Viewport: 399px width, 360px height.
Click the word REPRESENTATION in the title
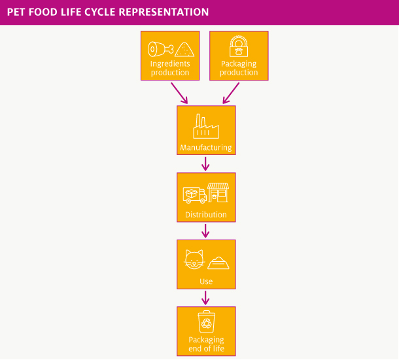tap(164, 12)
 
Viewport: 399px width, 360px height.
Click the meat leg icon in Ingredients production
tap(160, 49)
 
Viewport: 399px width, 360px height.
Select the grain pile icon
tap(184, 49)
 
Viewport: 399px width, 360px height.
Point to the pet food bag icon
tap(239, 46)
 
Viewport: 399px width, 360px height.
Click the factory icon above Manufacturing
tap(206, 126)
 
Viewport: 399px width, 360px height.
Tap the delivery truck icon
tap(195, 195)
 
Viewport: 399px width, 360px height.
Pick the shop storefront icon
tap(218, 192)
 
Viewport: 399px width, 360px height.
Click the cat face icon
tap(194, 259)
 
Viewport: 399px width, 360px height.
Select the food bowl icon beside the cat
tap(218, 263)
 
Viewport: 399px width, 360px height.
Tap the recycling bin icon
tap(207, 321)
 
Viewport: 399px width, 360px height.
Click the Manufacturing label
tap(206, 148)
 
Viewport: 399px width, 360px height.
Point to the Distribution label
tap(206, 215)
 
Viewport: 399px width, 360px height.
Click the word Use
tap(206, 281)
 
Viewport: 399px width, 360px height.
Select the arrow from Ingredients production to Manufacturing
tap(179, 93)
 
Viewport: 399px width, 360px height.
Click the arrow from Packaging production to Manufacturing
tap(231, 93)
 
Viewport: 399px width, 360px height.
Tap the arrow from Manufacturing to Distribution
tap(205, 164)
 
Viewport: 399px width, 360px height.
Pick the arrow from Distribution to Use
tap(205, 231)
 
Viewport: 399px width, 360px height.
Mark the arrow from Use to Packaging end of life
tap(205, 298)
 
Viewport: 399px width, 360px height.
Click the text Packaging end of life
tap(207, 344)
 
